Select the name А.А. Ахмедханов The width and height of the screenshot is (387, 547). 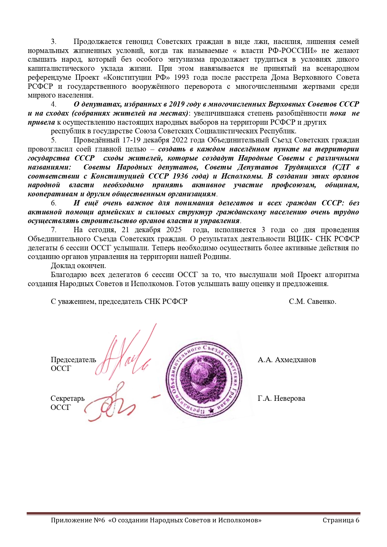click(x=287, y=360)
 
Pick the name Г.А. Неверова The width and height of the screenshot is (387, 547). click(x=281, y=398)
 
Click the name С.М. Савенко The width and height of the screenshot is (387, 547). click(x=312, y=301)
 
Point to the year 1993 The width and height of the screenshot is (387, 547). click(x=181, y=77)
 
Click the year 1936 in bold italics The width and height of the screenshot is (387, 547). click(x=180, y=176)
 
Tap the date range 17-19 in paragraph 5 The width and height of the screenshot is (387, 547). click(x=140, y=140)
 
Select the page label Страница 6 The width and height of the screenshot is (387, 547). click(x=341, y=520)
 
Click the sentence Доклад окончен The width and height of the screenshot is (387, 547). click(x=78, y=266)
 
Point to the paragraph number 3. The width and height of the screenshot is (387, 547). click(x=53, y=42)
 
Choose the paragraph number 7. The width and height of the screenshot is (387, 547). click(x=53, y=230)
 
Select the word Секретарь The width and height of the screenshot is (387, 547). click(x=67, y=398)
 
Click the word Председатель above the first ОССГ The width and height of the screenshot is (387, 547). click(x=73, y=360)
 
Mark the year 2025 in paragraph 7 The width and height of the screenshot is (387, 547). click(x=174, y=230)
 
